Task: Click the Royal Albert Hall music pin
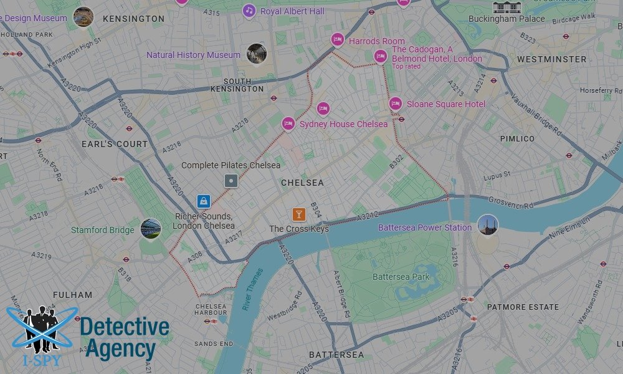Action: pyautogui.click(x=249, y=11)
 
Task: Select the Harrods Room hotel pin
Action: pyautogui.click(x=337, y=40)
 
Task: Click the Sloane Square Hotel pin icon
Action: pyautogui.click(x=395, y=103)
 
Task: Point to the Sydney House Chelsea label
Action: pyautogui.click(x=343, y=124)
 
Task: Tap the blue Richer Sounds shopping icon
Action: pyautogui.click(x=203, y=201)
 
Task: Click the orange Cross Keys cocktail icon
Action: pyautogui.click(x=299, y=214)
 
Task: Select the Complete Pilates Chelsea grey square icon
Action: pyautogui.click(x=231, y=181)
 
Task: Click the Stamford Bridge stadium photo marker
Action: pyautogui.click(x=151, y=228)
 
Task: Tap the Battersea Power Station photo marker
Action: pyautogui.click(x=487, y=225)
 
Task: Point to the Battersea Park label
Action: pyautogui.click(x=401, y=276)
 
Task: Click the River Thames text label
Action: pyautogui.click(x=254, y=289)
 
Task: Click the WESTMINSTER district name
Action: pyautogui.click(x=551, y=59)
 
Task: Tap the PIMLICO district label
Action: pyautogui.click(x=517, y=138)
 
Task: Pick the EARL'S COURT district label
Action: pyautogui.click(x=115, y=144)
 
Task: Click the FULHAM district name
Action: pyautogui.click(x=72, y=295)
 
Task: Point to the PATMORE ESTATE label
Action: pyautogui.click(x=523, y=307)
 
